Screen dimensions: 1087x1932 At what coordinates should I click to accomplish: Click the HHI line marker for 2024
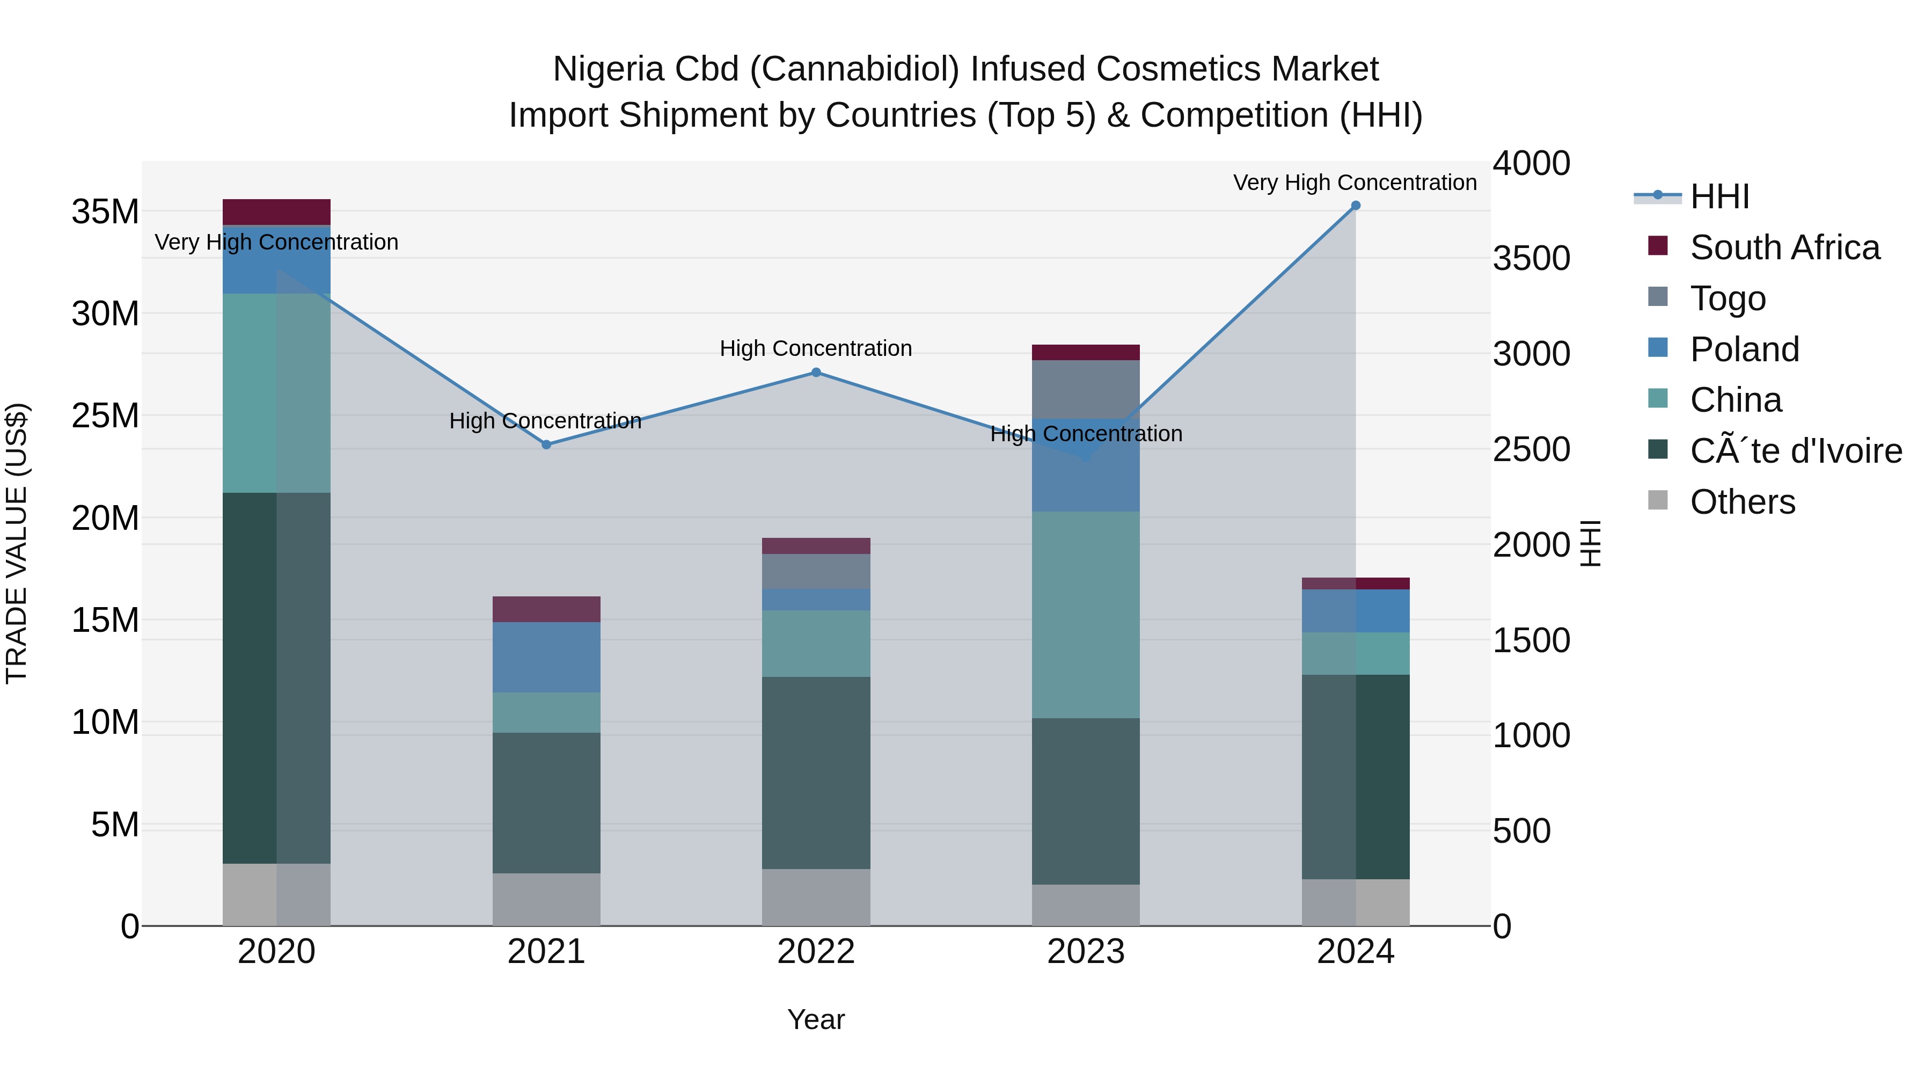[x=1355, y=206]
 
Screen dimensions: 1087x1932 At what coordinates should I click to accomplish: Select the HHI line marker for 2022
[x=816, y=372]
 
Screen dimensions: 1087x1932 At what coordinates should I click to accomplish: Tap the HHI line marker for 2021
[x=546, y=445]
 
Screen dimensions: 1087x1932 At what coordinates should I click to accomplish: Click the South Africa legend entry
[x=1784, y=247]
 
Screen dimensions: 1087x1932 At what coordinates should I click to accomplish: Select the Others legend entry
[x=1742, y=502]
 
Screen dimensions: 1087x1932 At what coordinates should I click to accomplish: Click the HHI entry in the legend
[x=1719, y=196]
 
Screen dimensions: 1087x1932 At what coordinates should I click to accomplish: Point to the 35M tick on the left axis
[x=105, y=211]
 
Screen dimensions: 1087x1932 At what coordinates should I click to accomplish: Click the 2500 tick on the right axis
[x=1531, y=449]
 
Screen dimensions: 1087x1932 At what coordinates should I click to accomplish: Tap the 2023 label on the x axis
[x=1085, y=952]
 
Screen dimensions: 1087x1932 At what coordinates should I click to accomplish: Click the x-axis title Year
[x=816, y=1019]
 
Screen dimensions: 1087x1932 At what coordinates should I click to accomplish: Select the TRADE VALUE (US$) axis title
[x=17, y=543]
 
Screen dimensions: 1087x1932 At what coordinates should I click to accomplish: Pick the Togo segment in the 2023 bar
[x=1085, y=389]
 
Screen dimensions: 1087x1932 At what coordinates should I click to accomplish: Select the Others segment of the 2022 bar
[x=816, y=896]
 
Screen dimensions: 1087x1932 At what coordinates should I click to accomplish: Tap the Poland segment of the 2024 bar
[x=1355, y=611]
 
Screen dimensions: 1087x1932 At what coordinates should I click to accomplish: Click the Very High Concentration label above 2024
[x=1355, y=183]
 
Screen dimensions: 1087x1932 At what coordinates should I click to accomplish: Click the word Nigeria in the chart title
[x=608, y=69]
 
